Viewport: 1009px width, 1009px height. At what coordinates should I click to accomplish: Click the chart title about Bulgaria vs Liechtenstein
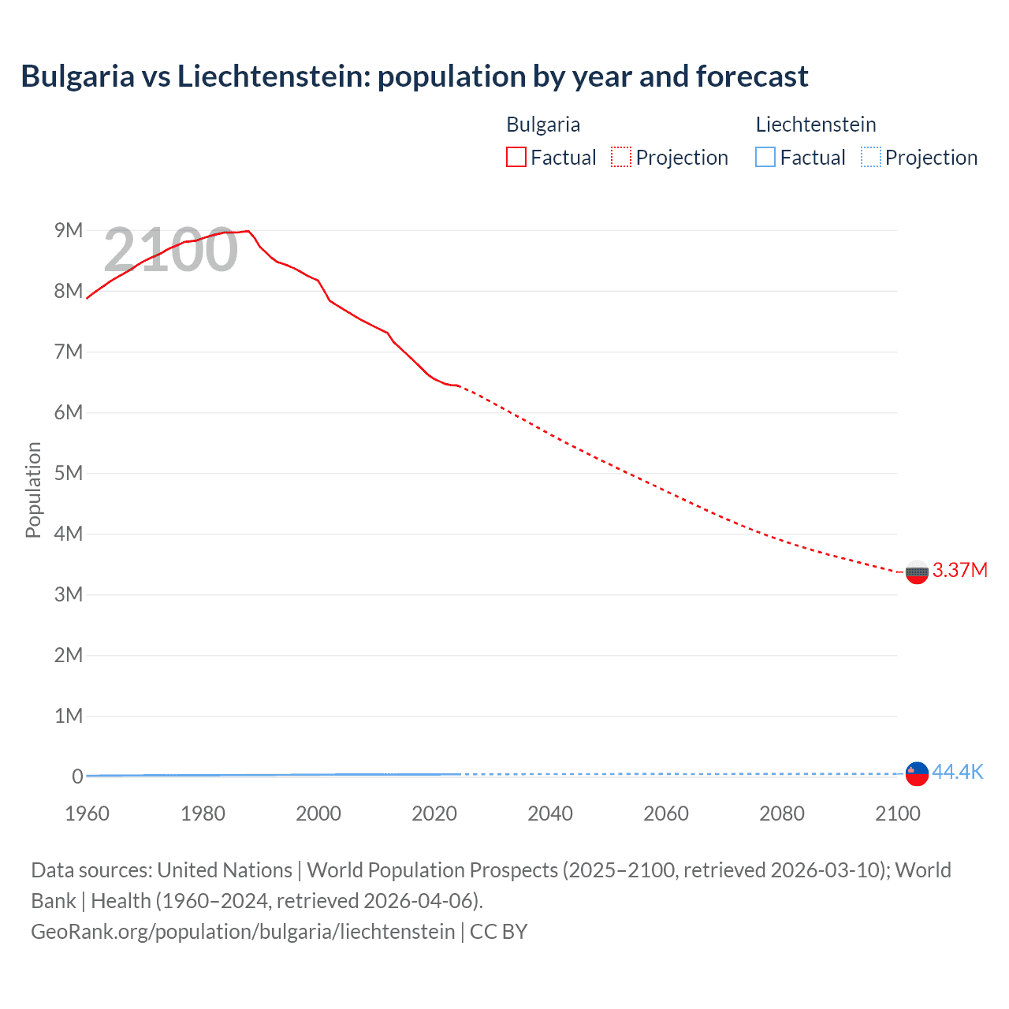click(414, 76)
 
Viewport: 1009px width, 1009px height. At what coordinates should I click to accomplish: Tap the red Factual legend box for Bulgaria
click(516, 158)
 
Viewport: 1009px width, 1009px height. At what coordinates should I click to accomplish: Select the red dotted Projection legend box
click(621, 158)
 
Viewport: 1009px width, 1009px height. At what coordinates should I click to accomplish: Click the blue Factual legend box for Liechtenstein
click(765, 158)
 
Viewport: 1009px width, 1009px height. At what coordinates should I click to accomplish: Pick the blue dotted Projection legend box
click(871, 158)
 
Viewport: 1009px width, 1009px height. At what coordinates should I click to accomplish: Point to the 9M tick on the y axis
click(69, 230)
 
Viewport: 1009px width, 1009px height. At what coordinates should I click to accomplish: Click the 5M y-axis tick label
click(69, 473)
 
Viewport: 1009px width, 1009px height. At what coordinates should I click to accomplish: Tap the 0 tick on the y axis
click(77, 776)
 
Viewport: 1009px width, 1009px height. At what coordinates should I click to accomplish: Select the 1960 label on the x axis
click(87, 814)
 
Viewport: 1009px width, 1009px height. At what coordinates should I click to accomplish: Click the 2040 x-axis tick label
click(550, 814)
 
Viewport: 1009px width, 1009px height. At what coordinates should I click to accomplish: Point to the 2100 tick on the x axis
click(898, 814)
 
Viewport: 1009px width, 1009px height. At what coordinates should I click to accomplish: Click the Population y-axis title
click(33, 490)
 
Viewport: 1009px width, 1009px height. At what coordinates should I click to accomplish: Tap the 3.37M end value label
click(959, 570)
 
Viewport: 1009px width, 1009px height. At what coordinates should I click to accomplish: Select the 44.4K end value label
click(957, 772)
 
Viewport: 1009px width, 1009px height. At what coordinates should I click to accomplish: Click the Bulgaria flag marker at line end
click(917, 572)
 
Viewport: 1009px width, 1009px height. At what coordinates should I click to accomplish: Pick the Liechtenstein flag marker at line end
click(917, 773)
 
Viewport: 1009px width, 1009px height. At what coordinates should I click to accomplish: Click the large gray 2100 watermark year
click(170, 250)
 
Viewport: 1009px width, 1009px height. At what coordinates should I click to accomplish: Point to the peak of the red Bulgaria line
click(248, 231)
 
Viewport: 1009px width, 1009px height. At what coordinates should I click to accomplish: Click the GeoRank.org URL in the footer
click(243, 931)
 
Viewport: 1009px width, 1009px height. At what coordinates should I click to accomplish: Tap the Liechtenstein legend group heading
click(816, 125)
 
